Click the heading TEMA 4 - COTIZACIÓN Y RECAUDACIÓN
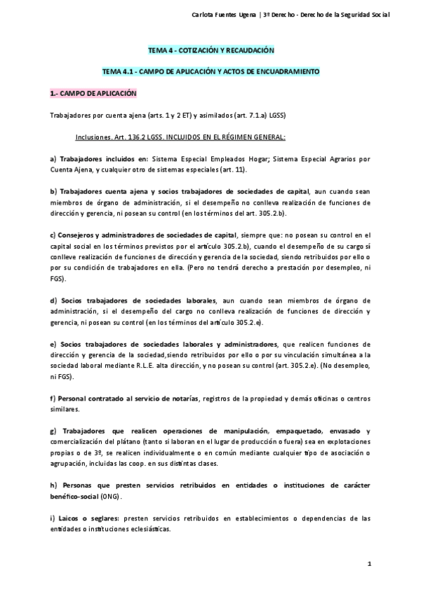click(210, 50)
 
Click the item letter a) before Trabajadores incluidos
click(53, 159)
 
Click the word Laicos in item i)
click(73, 518)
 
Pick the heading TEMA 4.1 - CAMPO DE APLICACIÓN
click(210, 71)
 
